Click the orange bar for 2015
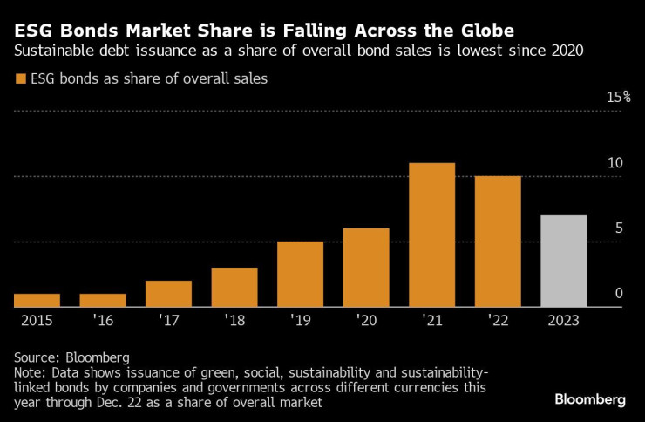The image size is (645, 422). click(37, 301)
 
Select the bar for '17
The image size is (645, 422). click(168, 294)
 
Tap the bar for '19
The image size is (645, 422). click(300, 275)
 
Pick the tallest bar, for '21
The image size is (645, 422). click(431, 235)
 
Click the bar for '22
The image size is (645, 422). click(498, 242)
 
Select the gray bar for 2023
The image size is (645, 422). click(563, 262)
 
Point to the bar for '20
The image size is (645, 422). click(366, 268)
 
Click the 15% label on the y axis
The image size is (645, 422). click(618, 97)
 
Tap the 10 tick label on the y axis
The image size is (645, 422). click(615, 163)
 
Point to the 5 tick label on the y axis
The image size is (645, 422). click(619, 228)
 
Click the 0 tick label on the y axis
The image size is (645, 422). click(619, 294)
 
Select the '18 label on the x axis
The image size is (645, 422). click(234, 320)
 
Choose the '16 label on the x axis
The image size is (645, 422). click(103, 320)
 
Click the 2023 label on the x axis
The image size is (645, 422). click(563, 320)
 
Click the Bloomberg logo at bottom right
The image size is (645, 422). click(590, 399)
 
